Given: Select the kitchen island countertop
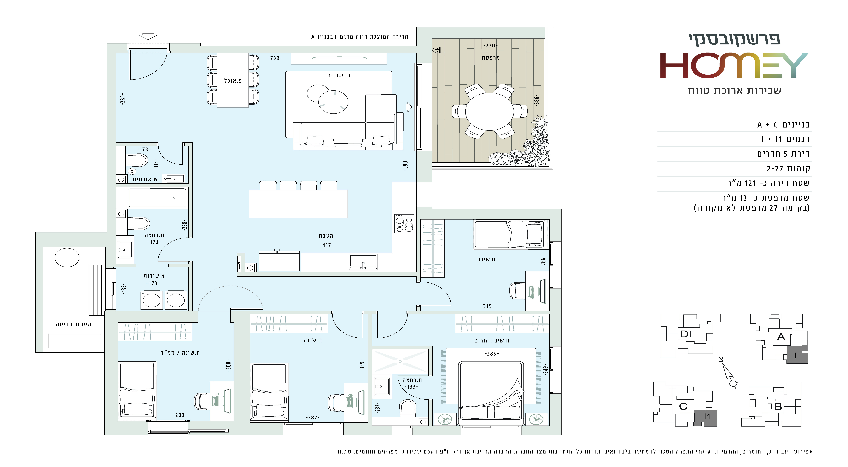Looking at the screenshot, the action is click(x=298, y=204).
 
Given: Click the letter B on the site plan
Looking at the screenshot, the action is click(x=778, y=406).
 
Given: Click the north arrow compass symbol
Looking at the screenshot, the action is click(x=728, y=373).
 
